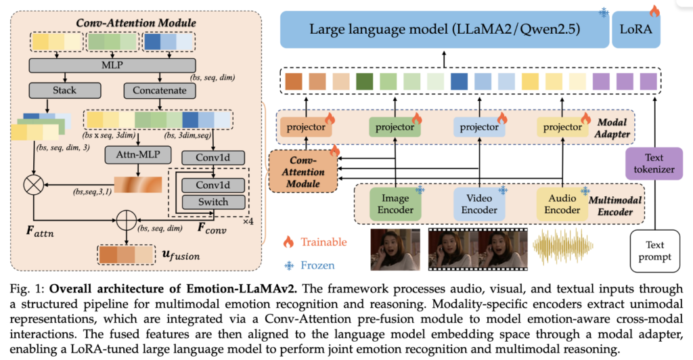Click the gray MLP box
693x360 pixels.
[x=112, y=66]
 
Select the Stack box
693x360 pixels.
[x=65, y=91]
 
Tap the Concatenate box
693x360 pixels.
[x=160, y=91]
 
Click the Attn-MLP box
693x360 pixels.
[x=138, y=155]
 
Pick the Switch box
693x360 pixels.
[x=213, y=202]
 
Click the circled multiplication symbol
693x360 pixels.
[x=34, y=185]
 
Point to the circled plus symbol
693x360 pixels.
[x=127, y=219]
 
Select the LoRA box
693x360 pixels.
[x=636, y=29]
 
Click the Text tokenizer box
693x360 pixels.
[x=654, y=164]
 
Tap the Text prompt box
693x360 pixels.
[x=654, y=251]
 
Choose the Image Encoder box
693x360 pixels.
[x=395, y=204]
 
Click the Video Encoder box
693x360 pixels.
[x=479, y=204]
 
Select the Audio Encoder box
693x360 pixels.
[x=562, y=204]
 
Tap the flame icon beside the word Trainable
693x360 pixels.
[x=288, y=242]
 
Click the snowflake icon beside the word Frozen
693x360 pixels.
[x=289, y=265]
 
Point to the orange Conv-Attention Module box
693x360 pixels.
[x=303, y=172]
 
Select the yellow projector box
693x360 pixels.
[x=562, y=127]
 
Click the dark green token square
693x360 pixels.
[x=364, y=82]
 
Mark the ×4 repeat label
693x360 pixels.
[x=248, y=221]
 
